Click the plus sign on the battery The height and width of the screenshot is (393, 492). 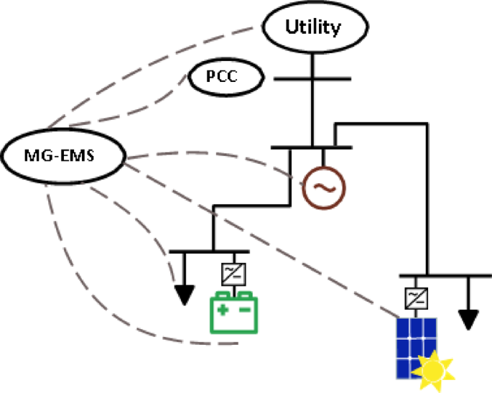tap(223, 310)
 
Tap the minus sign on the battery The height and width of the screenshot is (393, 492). tap(245, 310)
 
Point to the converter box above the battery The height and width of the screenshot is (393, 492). tap(233, 272)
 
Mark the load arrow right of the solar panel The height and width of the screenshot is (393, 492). tap(470, 316)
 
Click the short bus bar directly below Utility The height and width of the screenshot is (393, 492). tap(312, 79)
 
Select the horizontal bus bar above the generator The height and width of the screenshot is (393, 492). tap(312, 147)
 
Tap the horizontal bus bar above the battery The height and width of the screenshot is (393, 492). tap(208, 252)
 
